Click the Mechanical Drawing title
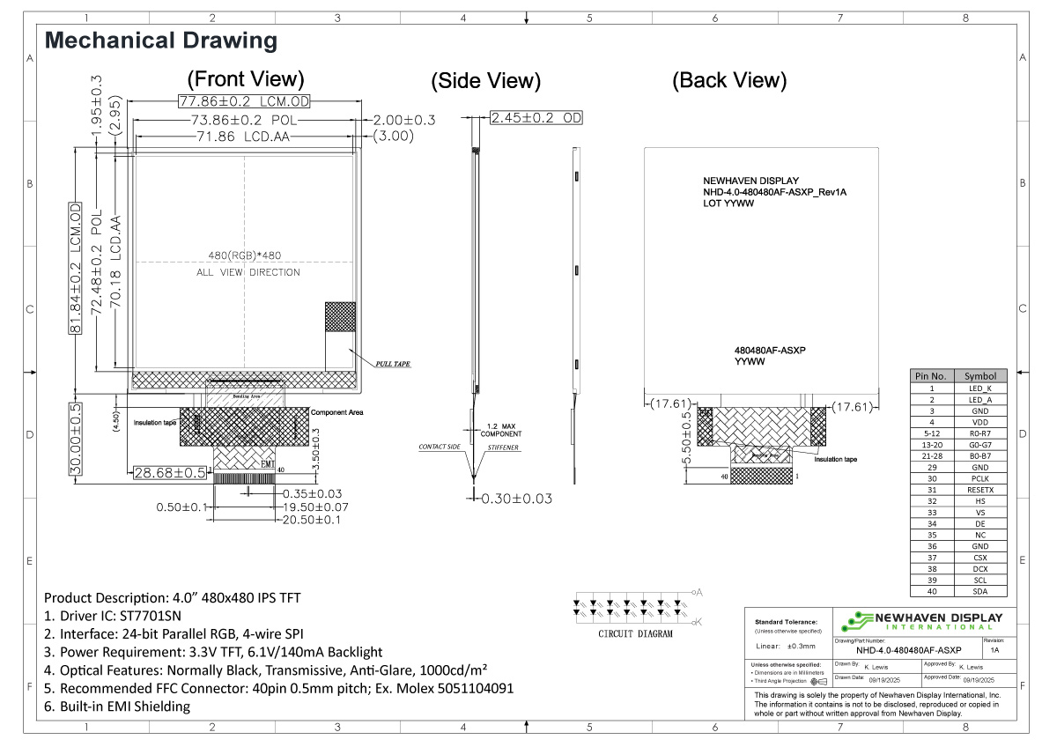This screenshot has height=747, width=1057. point(160,41)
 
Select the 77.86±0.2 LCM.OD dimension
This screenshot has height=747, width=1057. point(245,101)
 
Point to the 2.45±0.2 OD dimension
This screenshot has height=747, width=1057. point(536,118)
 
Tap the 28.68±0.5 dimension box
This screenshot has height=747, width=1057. point(170,473)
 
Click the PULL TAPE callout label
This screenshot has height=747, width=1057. point(392,363)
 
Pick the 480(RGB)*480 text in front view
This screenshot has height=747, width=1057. point(245,255)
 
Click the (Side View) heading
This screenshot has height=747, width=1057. point(485,81)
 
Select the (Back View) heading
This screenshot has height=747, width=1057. point(728,80)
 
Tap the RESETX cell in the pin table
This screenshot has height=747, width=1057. point(979,490)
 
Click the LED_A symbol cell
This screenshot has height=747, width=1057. point(979,399)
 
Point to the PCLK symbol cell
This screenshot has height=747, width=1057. point(979,478)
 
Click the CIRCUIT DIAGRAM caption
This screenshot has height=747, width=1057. point(635,633)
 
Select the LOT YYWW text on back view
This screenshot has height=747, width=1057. point(728,203)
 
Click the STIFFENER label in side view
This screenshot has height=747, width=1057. point(503,447)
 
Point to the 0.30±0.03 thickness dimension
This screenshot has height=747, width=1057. point(516,499)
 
